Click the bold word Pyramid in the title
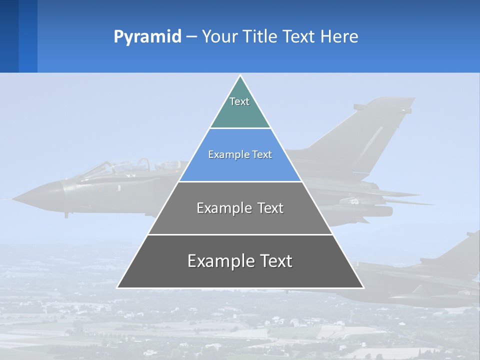pos(147,37)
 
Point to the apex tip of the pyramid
pos(240,76)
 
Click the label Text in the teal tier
pos(239,101)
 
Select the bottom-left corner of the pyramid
pos(118,287)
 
